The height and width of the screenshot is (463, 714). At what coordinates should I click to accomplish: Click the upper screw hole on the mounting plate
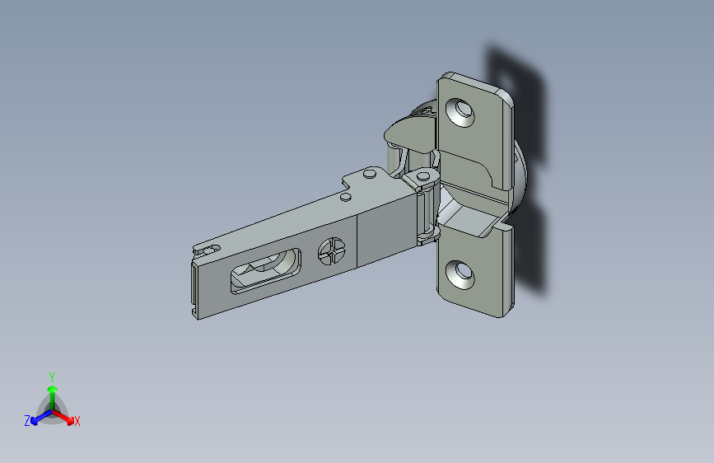click(460, 112)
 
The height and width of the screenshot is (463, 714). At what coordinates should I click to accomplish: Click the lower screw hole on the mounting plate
click(460, 274)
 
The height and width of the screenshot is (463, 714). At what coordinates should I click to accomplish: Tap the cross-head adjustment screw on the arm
click(332, 251)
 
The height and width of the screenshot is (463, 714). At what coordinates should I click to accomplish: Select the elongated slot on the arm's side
click(266, 271)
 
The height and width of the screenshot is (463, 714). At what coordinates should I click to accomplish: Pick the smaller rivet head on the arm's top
click(346, 197)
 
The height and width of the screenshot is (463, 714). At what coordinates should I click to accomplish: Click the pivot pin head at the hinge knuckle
click(423, 175)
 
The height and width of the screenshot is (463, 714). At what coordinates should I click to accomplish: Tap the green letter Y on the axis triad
click(52, 376)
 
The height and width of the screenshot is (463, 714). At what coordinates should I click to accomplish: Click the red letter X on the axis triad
click(77, 421)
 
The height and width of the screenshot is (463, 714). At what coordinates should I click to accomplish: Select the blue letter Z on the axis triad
click(27, 421)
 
